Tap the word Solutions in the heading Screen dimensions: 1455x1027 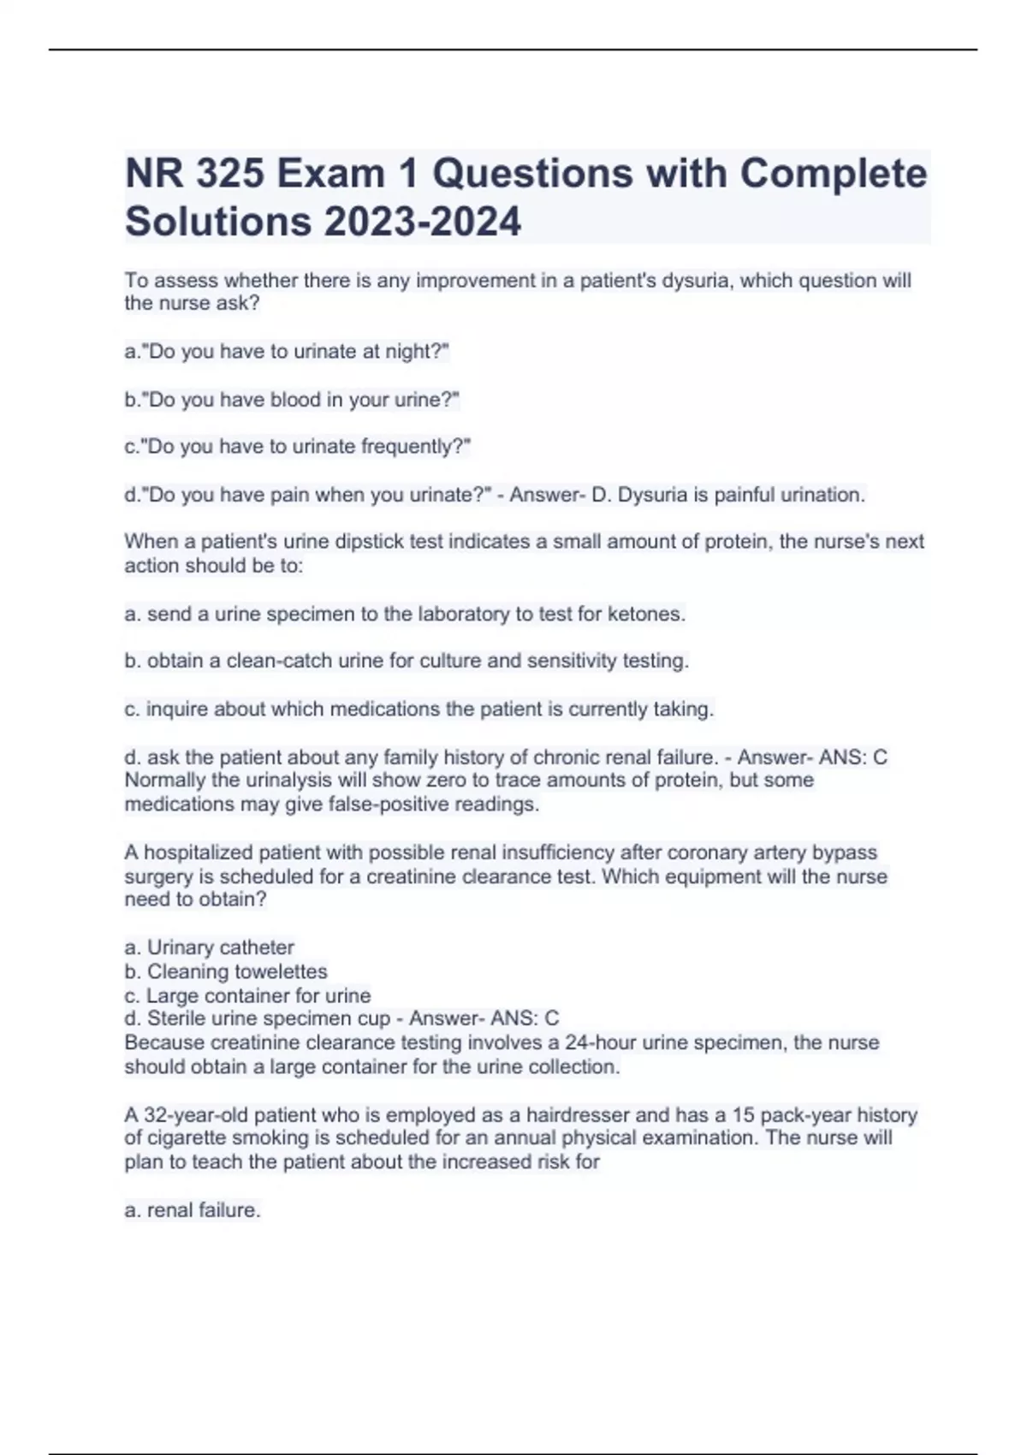tap(218, 221)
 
